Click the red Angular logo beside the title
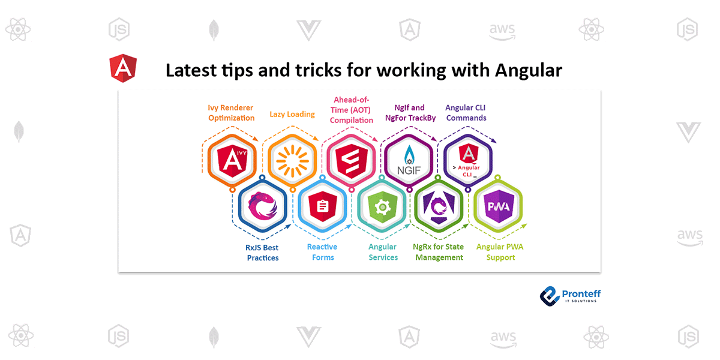tap(123, 68)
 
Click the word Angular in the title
tap(529, 70)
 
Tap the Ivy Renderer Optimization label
tap(232, 113)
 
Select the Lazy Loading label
tap(292, 114)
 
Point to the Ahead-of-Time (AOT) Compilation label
tap(352, 110)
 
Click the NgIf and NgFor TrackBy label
tap(410, 113)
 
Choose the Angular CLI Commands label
tap(466, 113)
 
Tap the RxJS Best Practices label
tap(263, 253)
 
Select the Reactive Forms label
tap(322, 252)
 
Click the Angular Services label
tap(383, 252)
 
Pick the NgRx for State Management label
tap(438, 252)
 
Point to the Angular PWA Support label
tap(496, 252)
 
